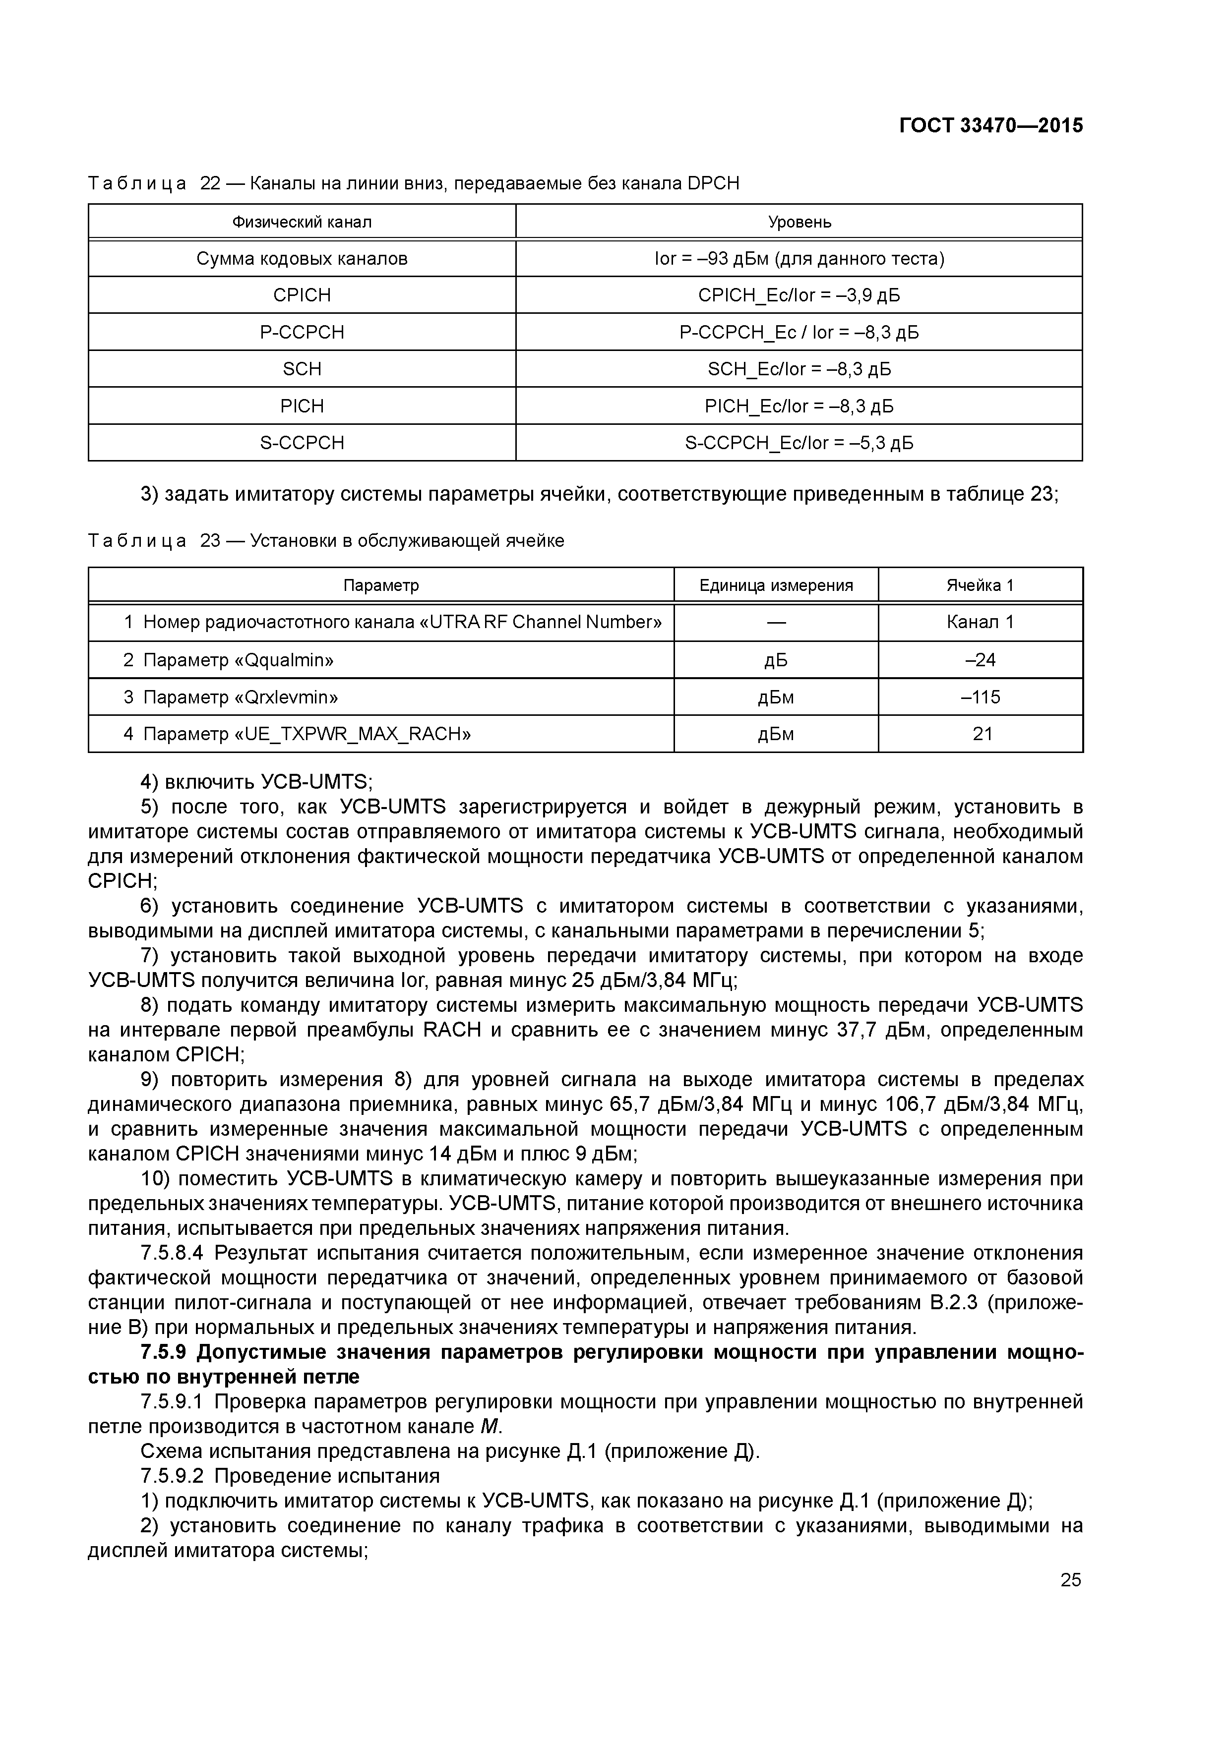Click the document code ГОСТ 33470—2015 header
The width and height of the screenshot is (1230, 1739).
[x=990, y=126]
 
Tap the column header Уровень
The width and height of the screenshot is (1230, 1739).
[x=799, y=222]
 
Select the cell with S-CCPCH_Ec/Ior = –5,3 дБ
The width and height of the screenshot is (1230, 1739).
[x=799, y=443]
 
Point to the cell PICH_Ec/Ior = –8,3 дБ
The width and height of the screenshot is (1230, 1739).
[x=799, y=406]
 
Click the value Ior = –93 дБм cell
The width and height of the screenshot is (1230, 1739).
[x=799, y=259]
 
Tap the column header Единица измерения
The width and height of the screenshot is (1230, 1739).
[x=776, y=585]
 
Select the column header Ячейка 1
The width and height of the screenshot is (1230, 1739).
[x=980, y=585]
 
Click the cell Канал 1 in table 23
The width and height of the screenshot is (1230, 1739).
[x=980, y=623]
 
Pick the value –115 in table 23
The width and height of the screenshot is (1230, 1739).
[x=980, y=697]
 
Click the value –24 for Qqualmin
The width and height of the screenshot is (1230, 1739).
[x=980, y=660]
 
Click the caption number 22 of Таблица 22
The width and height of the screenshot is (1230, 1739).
[x=210, y=183]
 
